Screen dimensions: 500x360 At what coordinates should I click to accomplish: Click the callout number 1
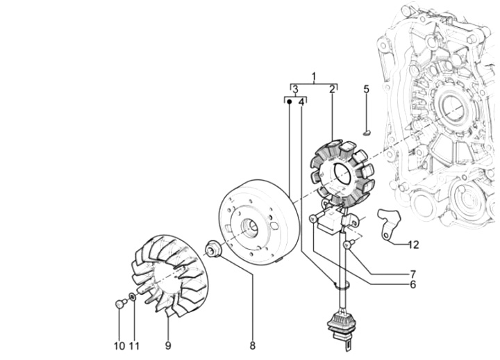point(314,76)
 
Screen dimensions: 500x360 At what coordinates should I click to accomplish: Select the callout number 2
point(332,90)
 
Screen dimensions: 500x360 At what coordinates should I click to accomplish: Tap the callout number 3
point(296,90)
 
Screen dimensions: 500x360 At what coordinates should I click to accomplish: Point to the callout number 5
point(367,90)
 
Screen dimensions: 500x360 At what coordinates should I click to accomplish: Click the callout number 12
point(413,245)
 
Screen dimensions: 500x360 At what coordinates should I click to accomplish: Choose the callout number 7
point(413,274)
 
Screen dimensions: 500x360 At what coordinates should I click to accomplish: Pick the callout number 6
point(413,284)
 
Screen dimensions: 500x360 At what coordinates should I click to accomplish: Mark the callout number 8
point(253,345)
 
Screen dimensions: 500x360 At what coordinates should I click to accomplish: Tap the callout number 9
point(168,345)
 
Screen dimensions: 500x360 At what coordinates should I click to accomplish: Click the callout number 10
point(119,346)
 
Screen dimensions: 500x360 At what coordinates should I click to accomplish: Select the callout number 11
point(135,346)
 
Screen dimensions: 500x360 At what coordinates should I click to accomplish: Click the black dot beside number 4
point(289,101)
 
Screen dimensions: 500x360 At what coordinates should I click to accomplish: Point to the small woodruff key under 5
point(367,132)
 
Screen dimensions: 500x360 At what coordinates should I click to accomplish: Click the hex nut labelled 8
point(212,248)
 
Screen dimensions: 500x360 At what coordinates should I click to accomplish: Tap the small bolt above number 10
point(121,303)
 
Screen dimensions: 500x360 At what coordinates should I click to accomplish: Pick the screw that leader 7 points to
point(349,244)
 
